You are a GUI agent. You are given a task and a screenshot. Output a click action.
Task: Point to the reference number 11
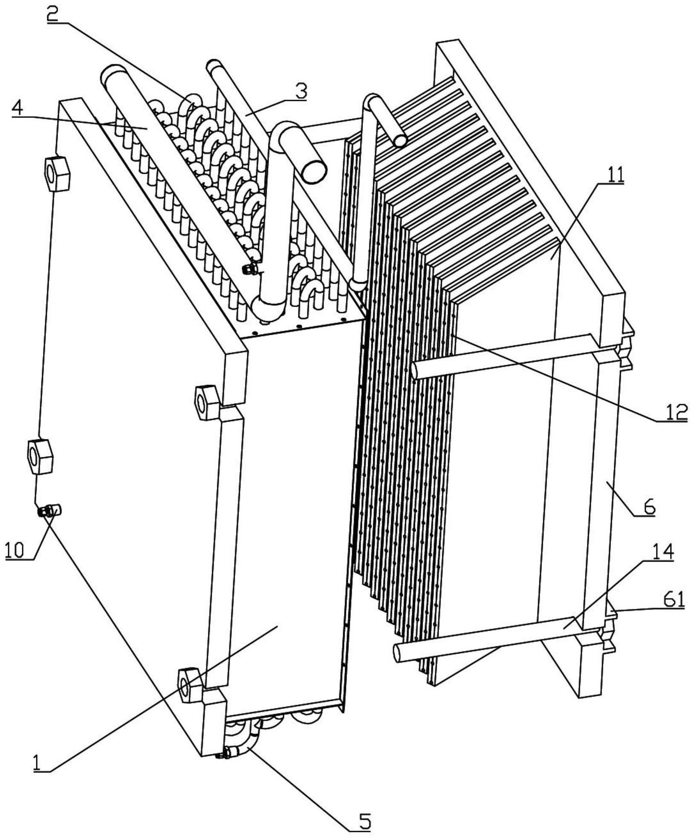[611, 175]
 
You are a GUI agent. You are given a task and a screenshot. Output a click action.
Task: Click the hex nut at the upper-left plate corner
[57, 173]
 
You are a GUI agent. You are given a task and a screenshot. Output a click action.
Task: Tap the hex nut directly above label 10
[40, 456]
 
